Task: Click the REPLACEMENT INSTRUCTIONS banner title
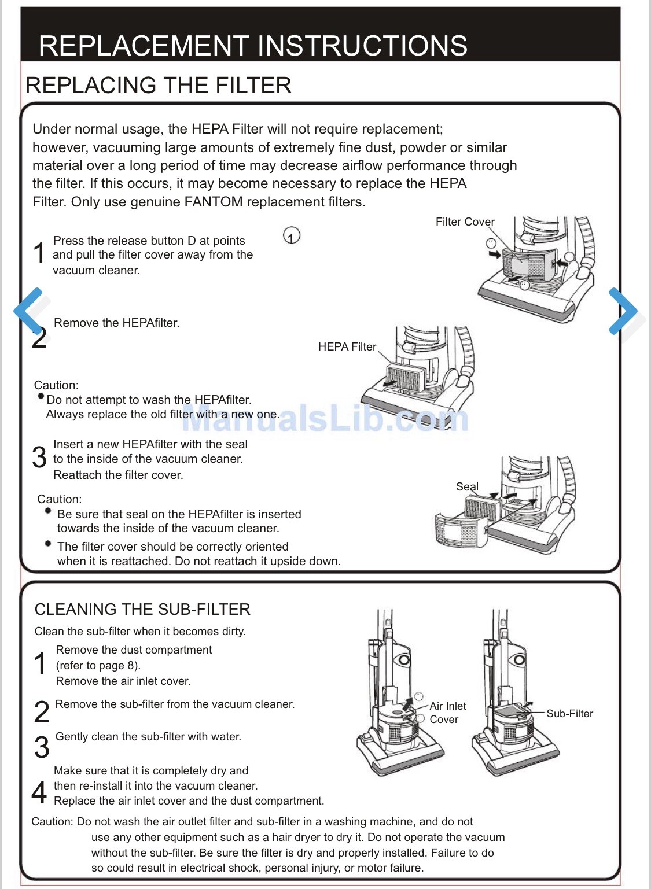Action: pos(253,46)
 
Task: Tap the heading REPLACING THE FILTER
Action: pos(158,86)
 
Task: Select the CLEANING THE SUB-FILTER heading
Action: pos(142,609)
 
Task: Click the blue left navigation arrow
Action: pos(29,311)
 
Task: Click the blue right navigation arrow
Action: pos(623,311)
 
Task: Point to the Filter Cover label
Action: pos(465,222)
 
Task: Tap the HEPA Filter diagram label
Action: pos(347,346)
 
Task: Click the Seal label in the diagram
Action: pos(467,486)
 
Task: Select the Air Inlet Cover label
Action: pos(447,713)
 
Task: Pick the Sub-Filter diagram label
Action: pos(569,714)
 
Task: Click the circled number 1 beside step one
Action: pos(292,236)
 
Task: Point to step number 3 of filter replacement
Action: pos(39,458)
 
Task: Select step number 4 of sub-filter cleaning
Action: pos(39,792)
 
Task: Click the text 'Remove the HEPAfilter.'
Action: pos(116,323)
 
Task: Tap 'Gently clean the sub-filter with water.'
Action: pos(148,736)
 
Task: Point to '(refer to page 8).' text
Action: pos(98,665)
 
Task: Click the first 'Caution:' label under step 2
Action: pos(56,385)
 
